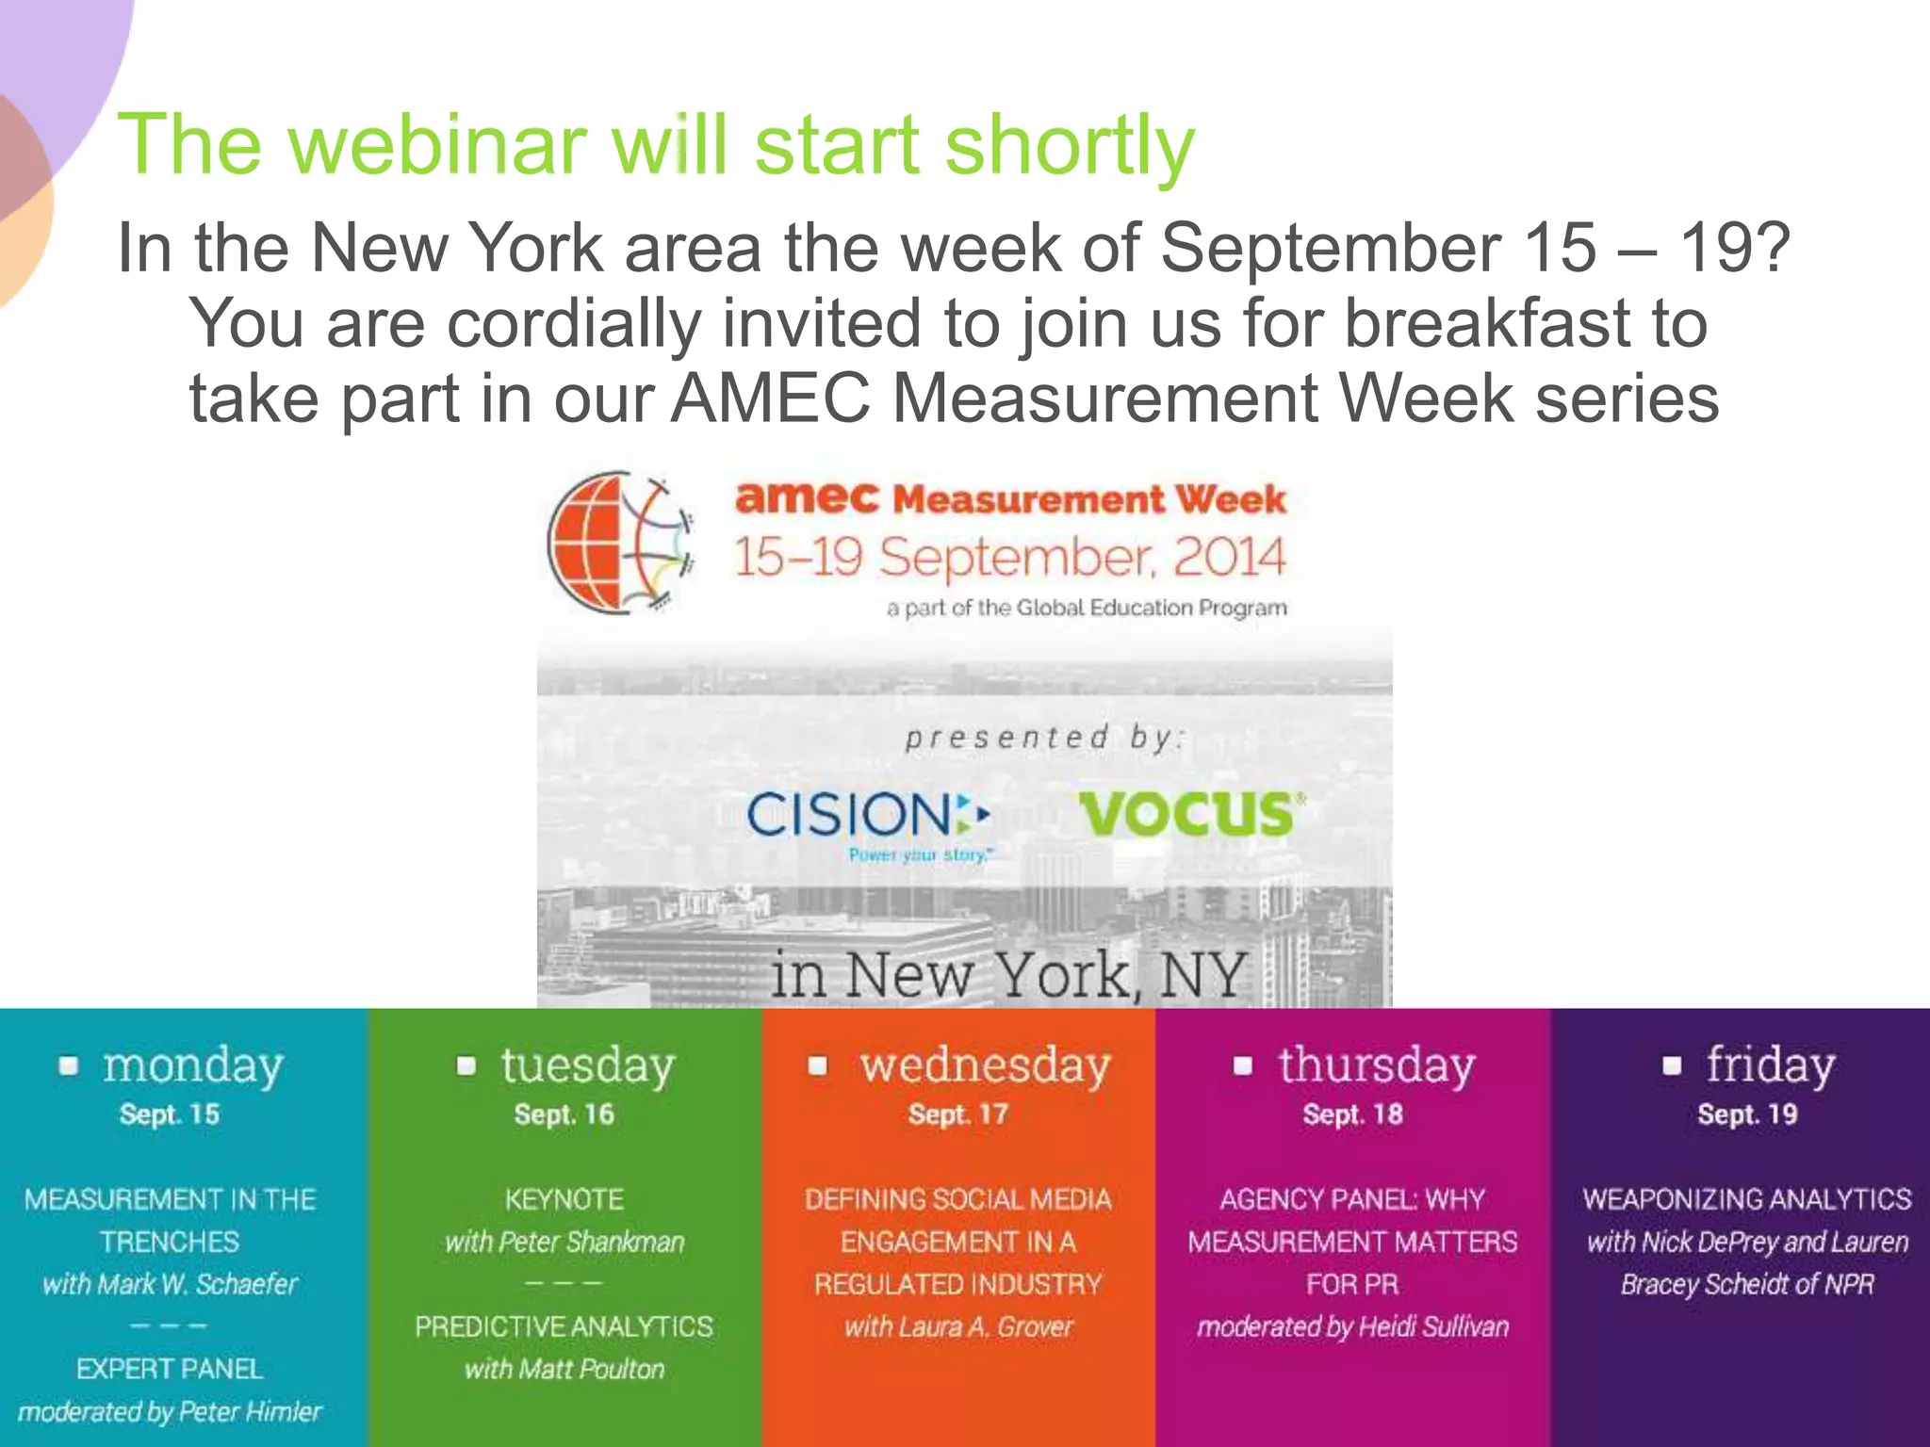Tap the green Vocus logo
(x=1190, y=814)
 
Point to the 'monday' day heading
(x=193, y=1066)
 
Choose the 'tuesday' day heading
(x=587, y=1066)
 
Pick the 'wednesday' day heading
(x=985, y=1066)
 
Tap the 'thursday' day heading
(x=1376, y=1066)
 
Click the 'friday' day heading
(x=1770, y=1066)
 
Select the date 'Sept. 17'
(x=957, y=1115)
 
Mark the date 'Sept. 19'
(x=1747, y=1115)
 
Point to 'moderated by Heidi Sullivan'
(x=1352, y=1327)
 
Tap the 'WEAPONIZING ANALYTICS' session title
(x=1747, y=1199)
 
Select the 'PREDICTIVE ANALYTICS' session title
(x=564, y=1327)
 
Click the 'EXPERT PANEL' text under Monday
(x=170, y=1369)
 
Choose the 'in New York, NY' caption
(x=1008, y=974)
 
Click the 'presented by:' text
(x=1044, y=738)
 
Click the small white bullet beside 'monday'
(x=68, y=1065)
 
